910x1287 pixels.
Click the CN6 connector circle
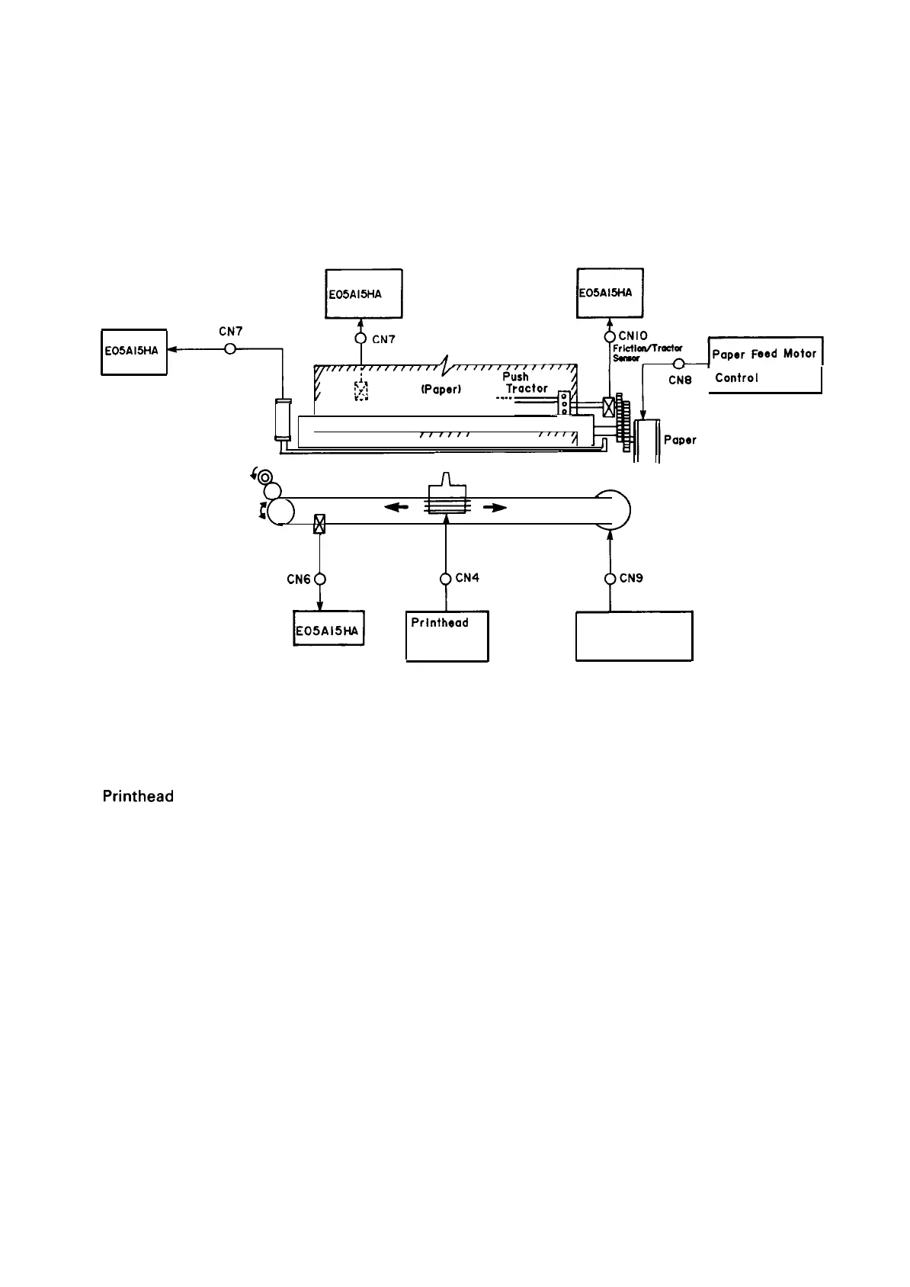(320, 579)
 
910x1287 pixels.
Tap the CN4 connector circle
(446, 579)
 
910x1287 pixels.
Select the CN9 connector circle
(610, 579)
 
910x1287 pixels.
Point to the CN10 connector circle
(610, 337)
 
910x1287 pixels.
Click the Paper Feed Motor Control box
(765, 365)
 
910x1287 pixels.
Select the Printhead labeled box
(447, 636)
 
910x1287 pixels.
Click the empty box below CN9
(634, 636)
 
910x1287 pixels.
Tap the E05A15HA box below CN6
(328, 631)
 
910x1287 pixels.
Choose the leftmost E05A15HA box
(134, 351)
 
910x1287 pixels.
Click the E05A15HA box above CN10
(610, 292)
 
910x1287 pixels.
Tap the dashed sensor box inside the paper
(361, 391)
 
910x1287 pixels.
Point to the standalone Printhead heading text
(138, 797)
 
